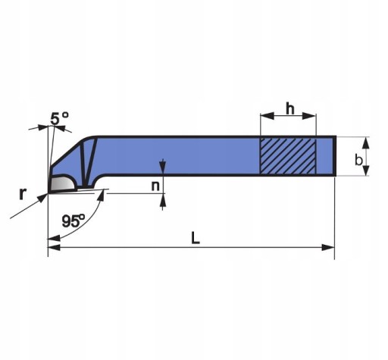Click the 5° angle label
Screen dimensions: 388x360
(x=59, y=118)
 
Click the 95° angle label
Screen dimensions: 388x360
(x=74, y=221)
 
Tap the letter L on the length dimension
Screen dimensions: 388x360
(x=196, y=238)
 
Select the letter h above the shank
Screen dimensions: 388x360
(x=290, y=108)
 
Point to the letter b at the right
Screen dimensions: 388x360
(x=358, y=160)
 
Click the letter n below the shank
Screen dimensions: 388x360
(x=155, y=186)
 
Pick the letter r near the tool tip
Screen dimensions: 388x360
(x=23, y=194)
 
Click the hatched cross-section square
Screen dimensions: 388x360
(x=288, y=156)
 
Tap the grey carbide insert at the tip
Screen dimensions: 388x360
(x=62, y=183)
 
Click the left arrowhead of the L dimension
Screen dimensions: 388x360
(x=54, y=248)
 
